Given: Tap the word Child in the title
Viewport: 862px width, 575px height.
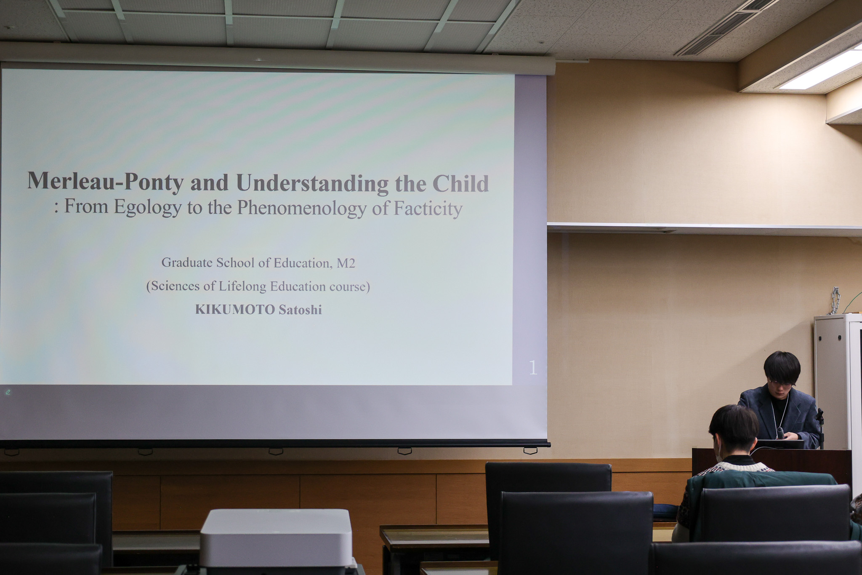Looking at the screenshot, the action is click(460, 183).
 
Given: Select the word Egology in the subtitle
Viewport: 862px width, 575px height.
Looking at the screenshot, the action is click(148, 207).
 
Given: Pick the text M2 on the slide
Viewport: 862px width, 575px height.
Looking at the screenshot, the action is click(346, 263).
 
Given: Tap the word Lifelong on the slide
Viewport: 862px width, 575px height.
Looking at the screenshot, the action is click(242, 286).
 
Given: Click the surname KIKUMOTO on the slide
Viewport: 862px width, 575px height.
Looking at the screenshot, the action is click(235, 310).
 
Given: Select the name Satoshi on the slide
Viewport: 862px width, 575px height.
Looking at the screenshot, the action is click(300, 310).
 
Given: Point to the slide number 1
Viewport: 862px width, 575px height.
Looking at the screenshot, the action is click(533, 368).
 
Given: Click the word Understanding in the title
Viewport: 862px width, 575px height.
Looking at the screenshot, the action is click(312, 183).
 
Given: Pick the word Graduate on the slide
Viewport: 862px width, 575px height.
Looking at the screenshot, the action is click(187, 263).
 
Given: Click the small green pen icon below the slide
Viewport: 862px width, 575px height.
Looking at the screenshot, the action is click(8, 392).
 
